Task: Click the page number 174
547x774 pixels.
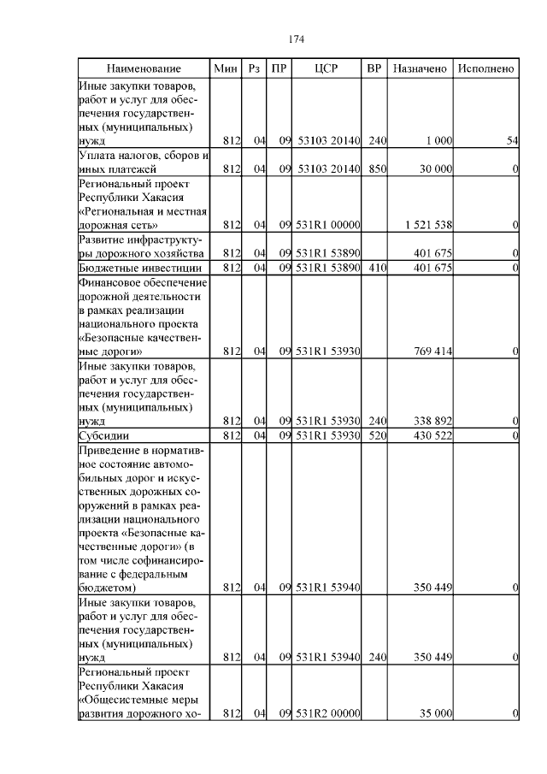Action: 297,39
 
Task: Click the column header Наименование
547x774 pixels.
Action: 144,68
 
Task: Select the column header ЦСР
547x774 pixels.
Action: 327,68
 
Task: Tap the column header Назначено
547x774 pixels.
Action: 420,68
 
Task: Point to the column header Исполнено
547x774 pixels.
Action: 485,68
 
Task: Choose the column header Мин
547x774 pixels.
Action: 226,68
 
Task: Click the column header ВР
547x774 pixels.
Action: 373,68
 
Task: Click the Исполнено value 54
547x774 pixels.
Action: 512,140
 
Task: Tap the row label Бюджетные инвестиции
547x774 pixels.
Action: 132,269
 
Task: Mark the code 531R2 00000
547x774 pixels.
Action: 328,713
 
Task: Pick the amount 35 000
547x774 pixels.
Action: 435,713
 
